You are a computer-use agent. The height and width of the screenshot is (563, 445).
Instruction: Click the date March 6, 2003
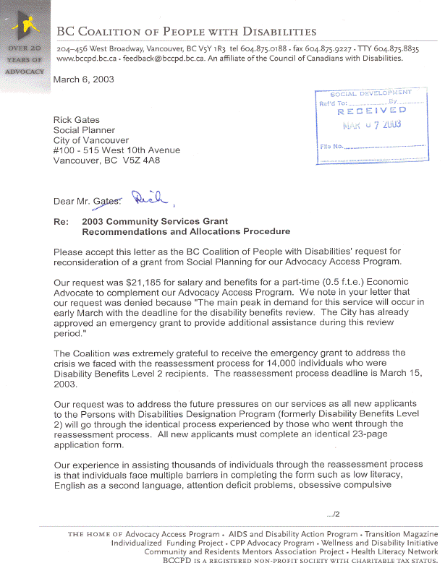pyautogui.click(x=84, y=79)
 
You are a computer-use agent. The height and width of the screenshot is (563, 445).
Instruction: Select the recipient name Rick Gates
pyautogui.click(x=77, y=120)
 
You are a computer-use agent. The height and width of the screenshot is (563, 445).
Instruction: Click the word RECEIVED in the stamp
pyautogui.click(x=371, y=111)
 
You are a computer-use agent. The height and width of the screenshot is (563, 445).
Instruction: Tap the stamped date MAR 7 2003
pyautogui.click(x=372, y=124)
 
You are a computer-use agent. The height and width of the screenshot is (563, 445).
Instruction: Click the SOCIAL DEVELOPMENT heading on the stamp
pyautogui.click(x=370, y=93)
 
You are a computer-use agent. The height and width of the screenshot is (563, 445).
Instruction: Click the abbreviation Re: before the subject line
pyautogui.click(x=61, y=222)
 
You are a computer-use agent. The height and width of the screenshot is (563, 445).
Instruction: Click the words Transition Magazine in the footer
pyautogui.click(x=401, y=534)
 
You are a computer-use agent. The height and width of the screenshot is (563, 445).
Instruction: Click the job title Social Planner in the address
pyautogui.click(x=83, y=130)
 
